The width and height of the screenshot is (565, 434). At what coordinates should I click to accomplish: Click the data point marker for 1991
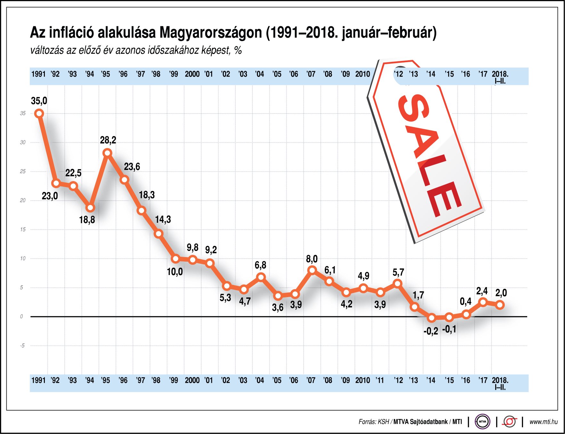pyautogui.click(x=39, y=113)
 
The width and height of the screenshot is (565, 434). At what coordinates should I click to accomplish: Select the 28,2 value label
pyautogui.click(x=108, y=140)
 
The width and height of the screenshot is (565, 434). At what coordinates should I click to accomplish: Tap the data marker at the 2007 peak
pyautogui.click(x=312, y=271)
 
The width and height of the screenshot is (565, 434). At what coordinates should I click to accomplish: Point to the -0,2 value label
pyautogui.click(x=431, y=331)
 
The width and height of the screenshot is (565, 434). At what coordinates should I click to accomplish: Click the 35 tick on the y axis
pyautogui.click(x=23, y=113)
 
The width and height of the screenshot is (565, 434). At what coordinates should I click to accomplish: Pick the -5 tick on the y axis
pyautogui.click(x=22, y=346)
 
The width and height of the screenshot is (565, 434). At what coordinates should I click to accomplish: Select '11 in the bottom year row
pyautogui.click(x=380, y=380)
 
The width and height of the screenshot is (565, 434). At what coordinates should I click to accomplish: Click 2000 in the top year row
pyautogui.click(x=192, y=74)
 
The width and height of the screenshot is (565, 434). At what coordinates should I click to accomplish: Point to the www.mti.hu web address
pyautogui.click(x=544, y=422)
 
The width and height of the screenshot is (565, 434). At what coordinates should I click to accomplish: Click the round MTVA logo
pyautogui.click(x=482, y=422)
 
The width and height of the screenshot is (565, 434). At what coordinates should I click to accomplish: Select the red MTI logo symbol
pyautogui.click(x=510, y=422)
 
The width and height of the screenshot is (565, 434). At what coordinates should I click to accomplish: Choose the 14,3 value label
pyautogui.click(x=163, y=220)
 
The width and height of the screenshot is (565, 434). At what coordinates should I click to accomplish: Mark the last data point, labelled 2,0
pyautogui.click(x=500, y=305)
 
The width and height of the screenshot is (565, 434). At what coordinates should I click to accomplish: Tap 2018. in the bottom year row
pyautogui.click(x=500, y=380)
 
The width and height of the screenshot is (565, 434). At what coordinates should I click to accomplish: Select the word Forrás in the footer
pyautogui.click(x=367, y=422)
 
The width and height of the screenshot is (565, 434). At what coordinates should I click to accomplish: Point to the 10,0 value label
pyautogui.click(x=175, y=272)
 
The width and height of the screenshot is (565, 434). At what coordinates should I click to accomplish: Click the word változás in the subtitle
pyautogui.click(x=47, y=50)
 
